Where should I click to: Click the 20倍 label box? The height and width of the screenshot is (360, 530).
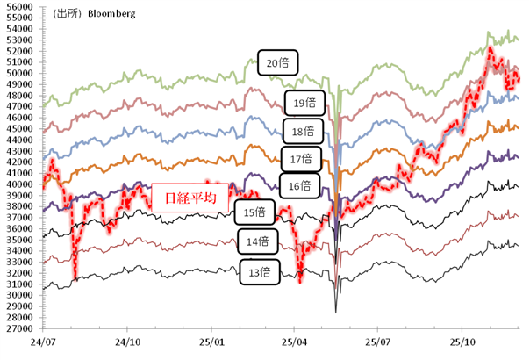(280, 62)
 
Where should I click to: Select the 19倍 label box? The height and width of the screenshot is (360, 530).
(304, 104)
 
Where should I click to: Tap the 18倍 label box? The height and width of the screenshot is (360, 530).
(302, 132)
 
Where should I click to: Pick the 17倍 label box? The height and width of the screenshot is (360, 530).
(300, 159)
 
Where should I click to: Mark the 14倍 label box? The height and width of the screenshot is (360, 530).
(256, 241)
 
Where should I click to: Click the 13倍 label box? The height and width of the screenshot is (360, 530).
(258, 273)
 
